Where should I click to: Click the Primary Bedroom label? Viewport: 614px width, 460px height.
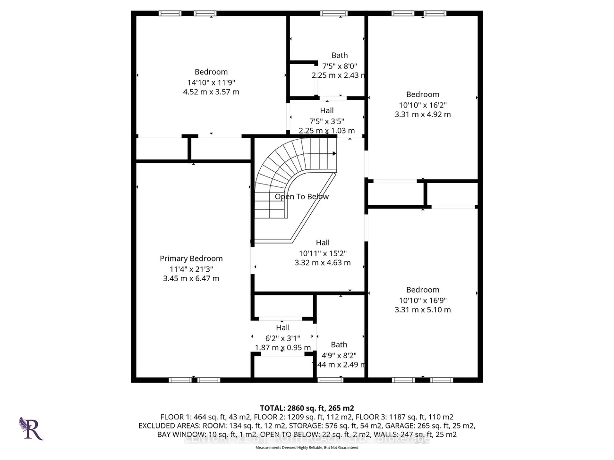tap(191, 259)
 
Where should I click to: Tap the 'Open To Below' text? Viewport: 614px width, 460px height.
tap(302, 197)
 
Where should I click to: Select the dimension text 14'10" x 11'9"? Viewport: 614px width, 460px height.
tap(211, 83)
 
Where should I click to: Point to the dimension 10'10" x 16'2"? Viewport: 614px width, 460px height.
tap(423, 105)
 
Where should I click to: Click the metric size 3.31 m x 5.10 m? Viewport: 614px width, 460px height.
tap(423, 310)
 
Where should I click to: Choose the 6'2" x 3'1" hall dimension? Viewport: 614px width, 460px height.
tap(282, 338)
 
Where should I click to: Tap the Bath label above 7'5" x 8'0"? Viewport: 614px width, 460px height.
tap(340, 56)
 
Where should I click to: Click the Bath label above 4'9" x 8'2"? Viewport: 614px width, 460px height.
tap(339, 345)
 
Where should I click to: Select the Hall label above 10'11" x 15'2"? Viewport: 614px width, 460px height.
tap(323, 243)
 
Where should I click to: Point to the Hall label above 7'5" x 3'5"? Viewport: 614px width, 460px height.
tap(327, 110)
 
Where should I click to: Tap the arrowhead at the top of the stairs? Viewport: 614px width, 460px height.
tap(334, 153)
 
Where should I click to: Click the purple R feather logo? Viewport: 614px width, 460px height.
tap(31, 428)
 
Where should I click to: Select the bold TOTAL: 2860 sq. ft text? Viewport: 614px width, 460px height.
tap(307, 408)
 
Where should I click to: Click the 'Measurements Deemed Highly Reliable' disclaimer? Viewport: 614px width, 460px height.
tap(307, 447)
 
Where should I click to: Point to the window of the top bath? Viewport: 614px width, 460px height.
tap(333, 14)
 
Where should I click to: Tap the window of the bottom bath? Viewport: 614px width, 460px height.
tap(330, 380)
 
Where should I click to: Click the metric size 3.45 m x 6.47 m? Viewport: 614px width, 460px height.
tap(191, 279)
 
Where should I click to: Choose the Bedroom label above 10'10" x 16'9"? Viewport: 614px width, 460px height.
tap(423, 290)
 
